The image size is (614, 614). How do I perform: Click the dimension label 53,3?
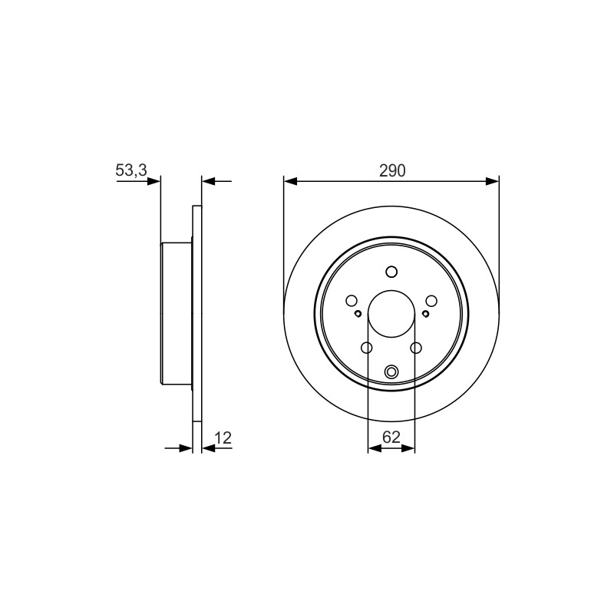[131, 170]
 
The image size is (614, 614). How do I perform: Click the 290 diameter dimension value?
[392, 170]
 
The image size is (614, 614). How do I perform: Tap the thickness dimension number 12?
[223, 437]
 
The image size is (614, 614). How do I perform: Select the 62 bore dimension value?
[391, 437]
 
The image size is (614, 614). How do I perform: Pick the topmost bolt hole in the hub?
[391, 272]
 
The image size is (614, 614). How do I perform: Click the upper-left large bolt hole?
[352, 301]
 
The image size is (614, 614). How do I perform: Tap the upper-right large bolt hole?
[431, 301]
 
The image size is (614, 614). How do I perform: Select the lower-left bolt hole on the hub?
[367, 348]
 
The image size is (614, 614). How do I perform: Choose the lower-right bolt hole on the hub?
[416, 348]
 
